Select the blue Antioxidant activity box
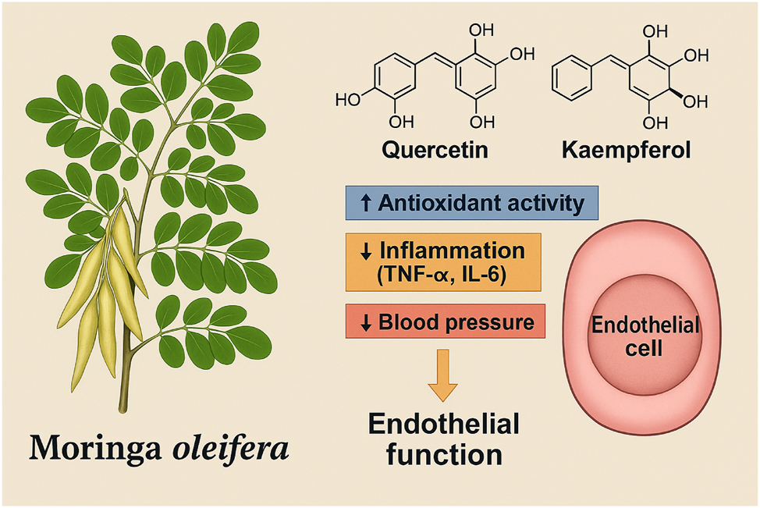(472, 203)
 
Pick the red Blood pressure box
(444, 321)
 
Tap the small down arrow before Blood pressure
(367, 322)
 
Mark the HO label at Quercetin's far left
(346, 100)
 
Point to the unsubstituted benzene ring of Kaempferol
(574, 82)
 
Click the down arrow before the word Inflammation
(367, 251)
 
